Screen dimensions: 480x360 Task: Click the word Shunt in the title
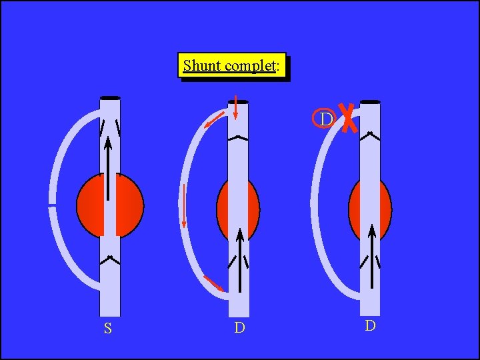coord(203,65)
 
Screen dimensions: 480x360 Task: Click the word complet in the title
coord(250,66)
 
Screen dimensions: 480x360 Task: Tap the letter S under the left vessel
coord(107,328)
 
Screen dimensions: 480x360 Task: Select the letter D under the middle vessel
coord(239,328)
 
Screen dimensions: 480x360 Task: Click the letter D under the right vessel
coord(370,325)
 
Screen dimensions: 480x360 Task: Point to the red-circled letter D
coord(324,118)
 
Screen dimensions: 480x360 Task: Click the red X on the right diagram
coord(347,119)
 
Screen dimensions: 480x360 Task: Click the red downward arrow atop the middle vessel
coord(235,107)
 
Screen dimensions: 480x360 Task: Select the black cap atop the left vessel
coord(110,99)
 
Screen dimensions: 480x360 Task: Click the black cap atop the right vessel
coord(370,102)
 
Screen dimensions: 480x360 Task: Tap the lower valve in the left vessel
coord(109,259)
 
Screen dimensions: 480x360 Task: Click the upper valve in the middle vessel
coord(238,138)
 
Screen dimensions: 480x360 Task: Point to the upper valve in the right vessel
coord(370,135)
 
